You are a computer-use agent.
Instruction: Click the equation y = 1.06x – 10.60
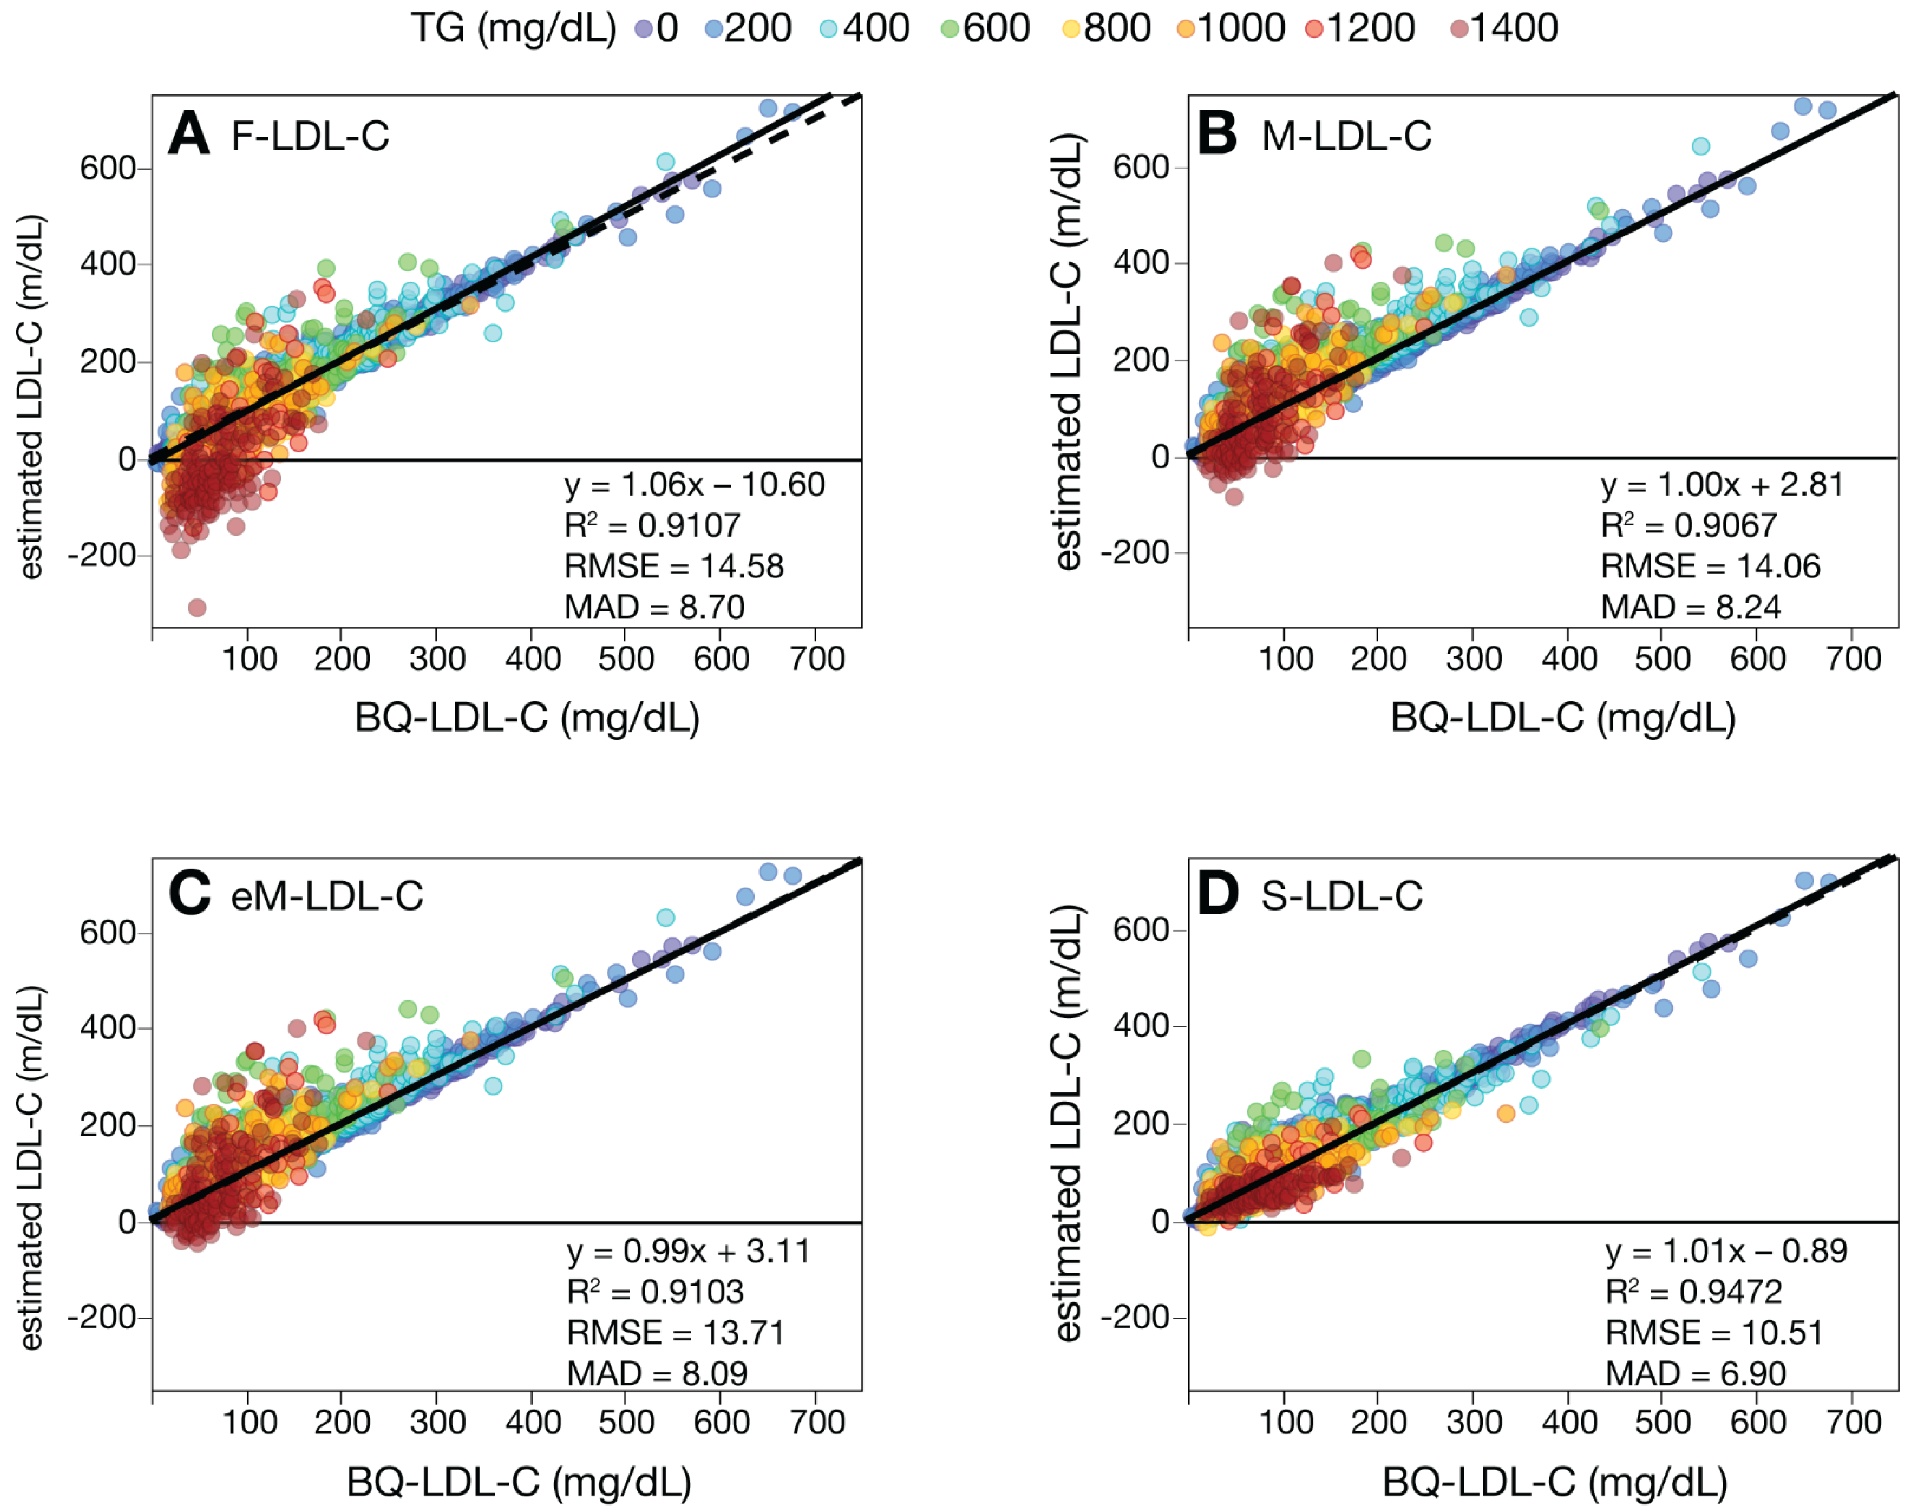click(x=694, y=485)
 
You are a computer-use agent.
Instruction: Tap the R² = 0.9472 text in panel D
click(x=1693, y=1292)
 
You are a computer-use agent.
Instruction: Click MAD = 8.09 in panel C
click(x=657, y=1373)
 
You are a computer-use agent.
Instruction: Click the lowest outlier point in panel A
click(x=197, y=607)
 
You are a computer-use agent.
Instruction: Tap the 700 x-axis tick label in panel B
click(x=1853, y=659)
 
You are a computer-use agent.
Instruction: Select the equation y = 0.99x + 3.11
click(x=688, y=1251)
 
